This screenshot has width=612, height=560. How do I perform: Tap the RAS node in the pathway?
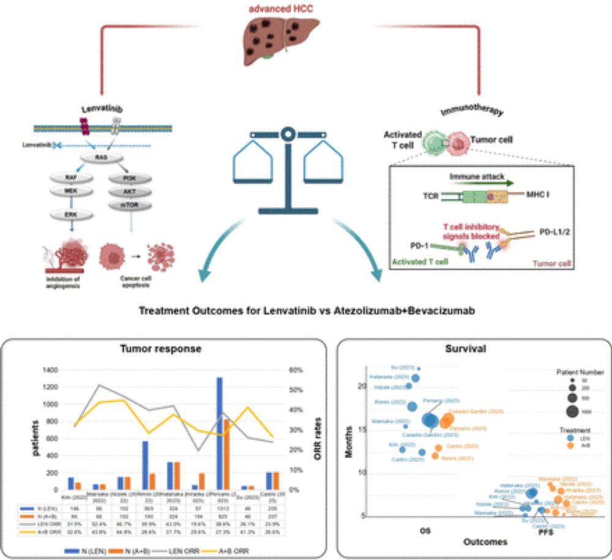click(102, 157)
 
